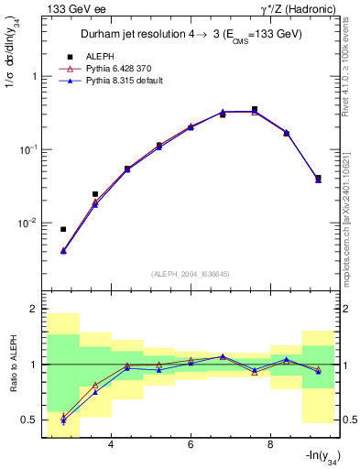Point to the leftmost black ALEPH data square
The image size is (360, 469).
click(63, 229)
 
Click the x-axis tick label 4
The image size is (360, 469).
click(111, 444)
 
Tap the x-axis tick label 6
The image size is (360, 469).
click(191, 444)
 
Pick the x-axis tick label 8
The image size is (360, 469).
click(270, 444)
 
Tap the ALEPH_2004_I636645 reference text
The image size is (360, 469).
click(191, 274)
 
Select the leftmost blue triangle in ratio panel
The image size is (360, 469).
click(63, 420)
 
